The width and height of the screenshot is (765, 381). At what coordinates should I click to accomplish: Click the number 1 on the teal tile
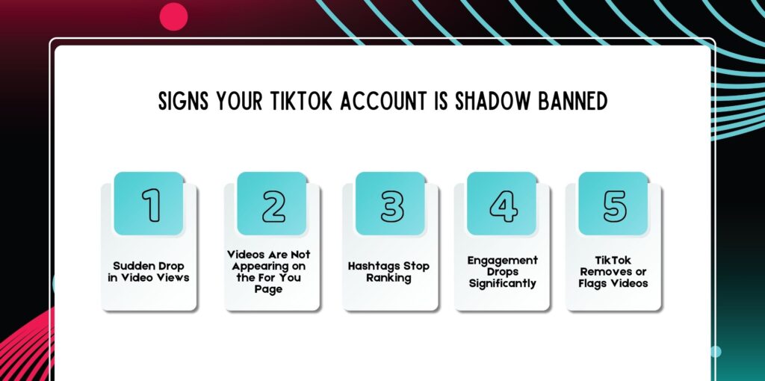click(x=152, y=205)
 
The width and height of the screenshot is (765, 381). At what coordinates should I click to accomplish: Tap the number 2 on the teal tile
click(x=273, y=205)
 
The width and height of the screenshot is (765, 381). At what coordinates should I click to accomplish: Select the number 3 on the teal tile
click(x=391, y=205)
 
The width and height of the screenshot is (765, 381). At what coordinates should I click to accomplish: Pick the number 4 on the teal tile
click(x=502, y=205)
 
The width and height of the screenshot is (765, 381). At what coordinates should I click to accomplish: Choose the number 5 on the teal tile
click(x=614, y=205)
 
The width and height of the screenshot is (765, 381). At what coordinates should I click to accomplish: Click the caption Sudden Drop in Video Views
click(x=149, y=272)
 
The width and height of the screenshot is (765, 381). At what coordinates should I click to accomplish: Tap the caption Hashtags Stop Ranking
click(x=389, y=272)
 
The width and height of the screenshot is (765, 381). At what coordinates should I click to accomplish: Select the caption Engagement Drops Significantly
click(x=502, y=271)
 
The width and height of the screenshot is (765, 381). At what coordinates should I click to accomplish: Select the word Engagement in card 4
click(x=502, y=260)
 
